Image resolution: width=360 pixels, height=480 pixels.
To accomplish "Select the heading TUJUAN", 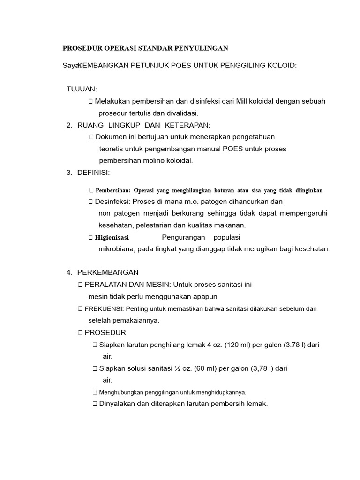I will click(82, 89).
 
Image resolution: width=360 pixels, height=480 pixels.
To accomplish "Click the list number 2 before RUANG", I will click(69, 125).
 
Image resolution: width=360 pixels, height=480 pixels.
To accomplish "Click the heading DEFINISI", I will click(93, 172).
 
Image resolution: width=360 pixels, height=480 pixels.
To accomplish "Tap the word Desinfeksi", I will click(112, 202).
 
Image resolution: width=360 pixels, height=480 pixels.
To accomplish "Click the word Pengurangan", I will click(184, 237).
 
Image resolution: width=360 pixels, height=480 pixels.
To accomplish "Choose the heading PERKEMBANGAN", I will click(108, 272).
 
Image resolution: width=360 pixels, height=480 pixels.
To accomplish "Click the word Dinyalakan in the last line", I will click(117, 404).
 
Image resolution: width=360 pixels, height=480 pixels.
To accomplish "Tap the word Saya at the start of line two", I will click(70, 66).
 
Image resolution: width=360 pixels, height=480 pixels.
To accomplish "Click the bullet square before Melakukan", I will click(90, 101).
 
